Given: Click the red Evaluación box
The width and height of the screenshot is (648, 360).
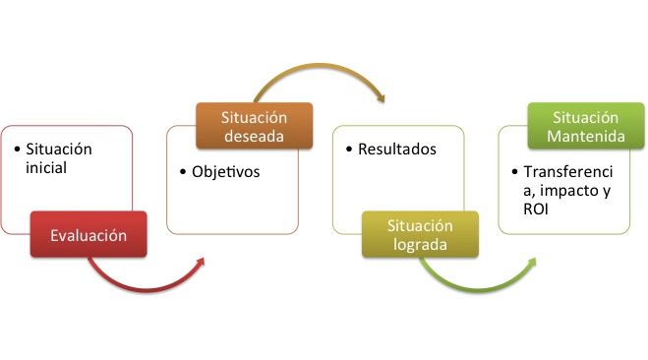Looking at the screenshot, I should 88,235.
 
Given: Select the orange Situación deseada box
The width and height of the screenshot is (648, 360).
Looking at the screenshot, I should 255,125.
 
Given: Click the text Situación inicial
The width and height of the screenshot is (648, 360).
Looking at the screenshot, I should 59,158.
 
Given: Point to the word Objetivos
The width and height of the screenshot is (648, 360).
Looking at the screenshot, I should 225,172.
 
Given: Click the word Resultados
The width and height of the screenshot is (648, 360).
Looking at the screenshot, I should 397,150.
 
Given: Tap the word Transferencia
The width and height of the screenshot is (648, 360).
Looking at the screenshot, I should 568,171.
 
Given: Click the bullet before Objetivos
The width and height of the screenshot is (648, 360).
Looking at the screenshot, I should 183,173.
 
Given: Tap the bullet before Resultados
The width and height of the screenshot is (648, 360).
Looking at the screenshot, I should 349,150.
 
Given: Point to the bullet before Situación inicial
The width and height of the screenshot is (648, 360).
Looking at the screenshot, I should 17,150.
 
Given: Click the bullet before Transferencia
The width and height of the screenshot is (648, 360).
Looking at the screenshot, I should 514,171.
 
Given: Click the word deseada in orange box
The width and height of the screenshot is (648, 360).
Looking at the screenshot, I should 255,136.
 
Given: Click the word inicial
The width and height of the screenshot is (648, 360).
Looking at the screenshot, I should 46,168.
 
